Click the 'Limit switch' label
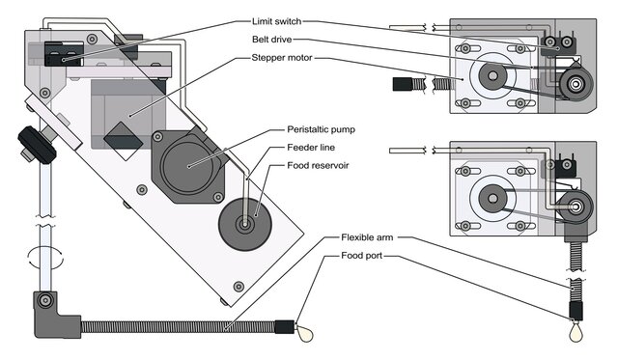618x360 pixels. (277, 21)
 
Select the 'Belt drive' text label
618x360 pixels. (272, 40)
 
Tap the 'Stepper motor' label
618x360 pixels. (282, 58)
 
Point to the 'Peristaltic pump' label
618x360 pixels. (321, 129)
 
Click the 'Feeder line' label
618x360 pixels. (311, 148)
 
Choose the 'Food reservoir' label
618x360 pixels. (318, 165)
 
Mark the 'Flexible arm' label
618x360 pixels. (367, 237)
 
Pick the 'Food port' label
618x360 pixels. (361, 256)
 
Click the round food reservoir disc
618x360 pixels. (245, 225)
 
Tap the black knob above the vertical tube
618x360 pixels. (37, 145)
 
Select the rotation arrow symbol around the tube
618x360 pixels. (45, 258)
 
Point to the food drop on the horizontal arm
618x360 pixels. (305, 334)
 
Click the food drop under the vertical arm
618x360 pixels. (576, 332)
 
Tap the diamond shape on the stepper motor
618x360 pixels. (123, 141)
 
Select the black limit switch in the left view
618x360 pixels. (64, 54)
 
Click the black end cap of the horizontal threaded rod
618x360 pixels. (403, 84)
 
